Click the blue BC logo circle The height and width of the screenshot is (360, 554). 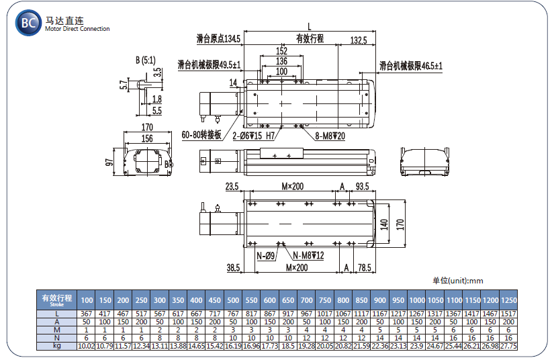point(28,23)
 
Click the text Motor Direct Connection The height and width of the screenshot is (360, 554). point(77,29)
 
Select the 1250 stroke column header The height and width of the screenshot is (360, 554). point(509,300)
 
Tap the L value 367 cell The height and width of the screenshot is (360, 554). point(86,314)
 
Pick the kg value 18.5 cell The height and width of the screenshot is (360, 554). point(288,346)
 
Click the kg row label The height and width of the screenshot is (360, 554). point(57,346)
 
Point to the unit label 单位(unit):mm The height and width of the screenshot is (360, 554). point(457,281)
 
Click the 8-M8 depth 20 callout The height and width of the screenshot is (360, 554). point(330,136)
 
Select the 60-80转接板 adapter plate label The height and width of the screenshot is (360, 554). point(201,135)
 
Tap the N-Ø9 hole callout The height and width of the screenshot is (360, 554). point(266,256)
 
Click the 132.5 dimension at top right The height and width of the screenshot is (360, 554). point(359,40)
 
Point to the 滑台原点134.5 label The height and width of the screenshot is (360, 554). point(218,38)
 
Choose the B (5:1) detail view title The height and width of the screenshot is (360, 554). point(146,60)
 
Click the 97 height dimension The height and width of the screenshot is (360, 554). point(109,162)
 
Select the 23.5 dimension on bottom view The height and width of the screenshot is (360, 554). point(232,187)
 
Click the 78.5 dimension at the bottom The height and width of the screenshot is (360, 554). point(365,268)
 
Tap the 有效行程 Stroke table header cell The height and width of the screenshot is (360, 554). point(57,300)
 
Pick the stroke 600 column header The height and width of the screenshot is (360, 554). point(269,300)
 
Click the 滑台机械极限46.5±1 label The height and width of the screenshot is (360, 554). point(411,66)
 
